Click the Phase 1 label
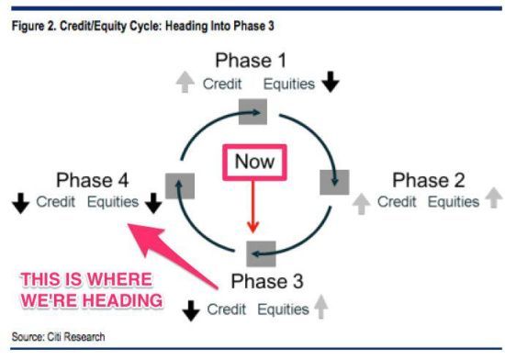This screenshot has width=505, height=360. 251,61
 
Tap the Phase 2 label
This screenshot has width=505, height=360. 429,180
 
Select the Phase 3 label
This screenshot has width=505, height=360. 267,281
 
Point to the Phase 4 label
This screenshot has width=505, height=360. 93,180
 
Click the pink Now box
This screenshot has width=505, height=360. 254,162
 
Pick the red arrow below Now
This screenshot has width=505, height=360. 253,207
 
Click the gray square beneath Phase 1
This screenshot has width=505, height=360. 252,111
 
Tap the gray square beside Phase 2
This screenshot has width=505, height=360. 334,182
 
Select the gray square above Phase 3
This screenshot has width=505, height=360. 261,253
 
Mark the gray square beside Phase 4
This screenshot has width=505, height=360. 180,186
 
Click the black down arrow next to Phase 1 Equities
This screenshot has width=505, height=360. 331,82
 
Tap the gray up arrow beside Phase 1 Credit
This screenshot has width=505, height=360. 185,82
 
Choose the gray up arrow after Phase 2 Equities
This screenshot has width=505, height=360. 494,197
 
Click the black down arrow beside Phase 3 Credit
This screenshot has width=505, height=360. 191,310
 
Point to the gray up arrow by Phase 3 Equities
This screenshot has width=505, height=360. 320,307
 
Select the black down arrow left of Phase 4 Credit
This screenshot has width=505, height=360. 20,203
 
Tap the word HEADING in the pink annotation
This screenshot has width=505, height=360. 122,300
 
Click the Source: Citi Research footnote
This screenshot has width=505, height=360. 58,337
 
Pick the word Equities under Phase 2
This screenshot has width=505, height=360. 454,202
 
